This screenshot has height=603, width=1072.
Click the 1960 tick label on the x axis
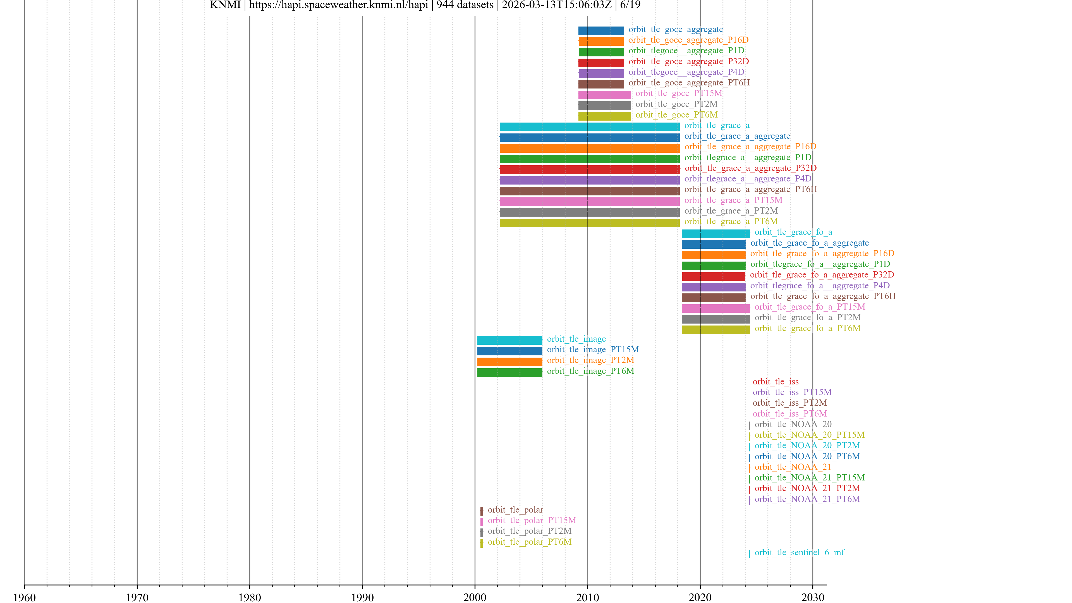(25, 597)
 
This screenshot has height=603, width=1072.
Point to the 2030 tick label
(812, 597)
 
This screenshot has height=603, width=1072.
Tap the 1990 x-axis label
(362, 597)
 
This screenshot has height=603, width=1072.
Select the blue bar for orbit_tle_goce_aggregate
(601, 30)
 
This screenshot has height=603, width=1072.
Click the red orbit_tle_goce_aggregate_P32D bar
(601, 63)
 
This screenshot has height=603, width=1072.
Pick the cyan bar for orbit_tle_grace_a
(589, 126)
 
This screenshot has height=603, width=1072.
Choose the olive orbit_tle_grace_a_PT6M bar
(589, 223)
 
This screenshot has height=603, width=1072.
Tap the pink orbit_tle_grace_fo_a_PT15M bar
(716, 308)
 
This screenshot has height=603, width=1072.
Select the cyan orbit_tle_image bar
(509, 340)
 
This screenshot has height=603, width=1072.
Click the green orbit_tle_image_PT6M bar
(509, 372)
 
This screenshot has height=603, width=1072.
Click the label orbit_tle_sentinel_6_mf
(800, 552)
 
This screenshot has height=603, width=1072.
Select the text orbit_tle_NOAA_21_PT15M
(809, 477)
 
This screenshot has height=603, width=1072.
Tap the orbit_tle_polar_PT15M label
(532, 520)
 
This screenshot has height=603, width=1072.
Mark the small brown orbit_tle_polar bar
(482, 511)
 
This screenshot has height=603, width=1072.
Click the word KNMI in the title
(225, 5)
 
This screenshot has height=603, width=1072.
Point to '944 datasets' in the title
(465, 5)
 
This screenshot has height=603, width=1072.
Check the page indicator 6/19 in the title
(630, 5)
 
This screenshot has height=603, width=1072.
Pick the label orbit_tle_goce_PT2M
(676, 104)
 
